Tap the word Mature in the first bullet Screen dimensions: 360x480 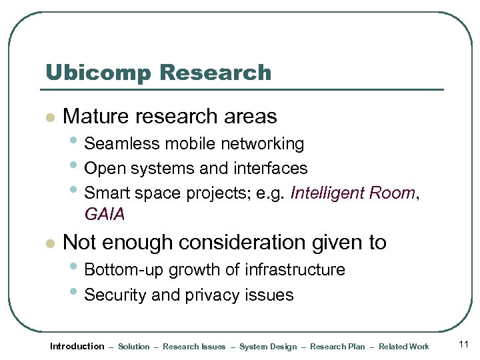point(97,117)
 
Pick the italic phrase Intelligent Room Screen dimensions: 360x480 point(353,193)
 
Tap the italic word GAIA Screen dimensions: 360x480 point(105,215)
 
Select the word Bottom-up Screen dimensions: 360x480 point(125,270)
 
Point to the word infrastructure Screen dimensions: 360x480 point(295,270)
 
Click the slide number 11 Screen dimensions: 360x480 point(464,345)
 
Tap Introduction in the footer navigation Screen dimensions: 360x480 point(77,346)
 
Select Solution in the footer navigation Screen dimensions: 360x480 point(134,347)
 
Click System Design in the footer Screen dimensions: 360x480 point(268,347)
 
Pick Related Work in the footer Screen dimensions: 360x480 point(404,347)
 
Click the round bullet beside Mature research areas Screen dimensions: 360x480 point(48,118)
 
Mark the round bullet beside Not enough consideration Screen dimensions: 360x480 point(48,243)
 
